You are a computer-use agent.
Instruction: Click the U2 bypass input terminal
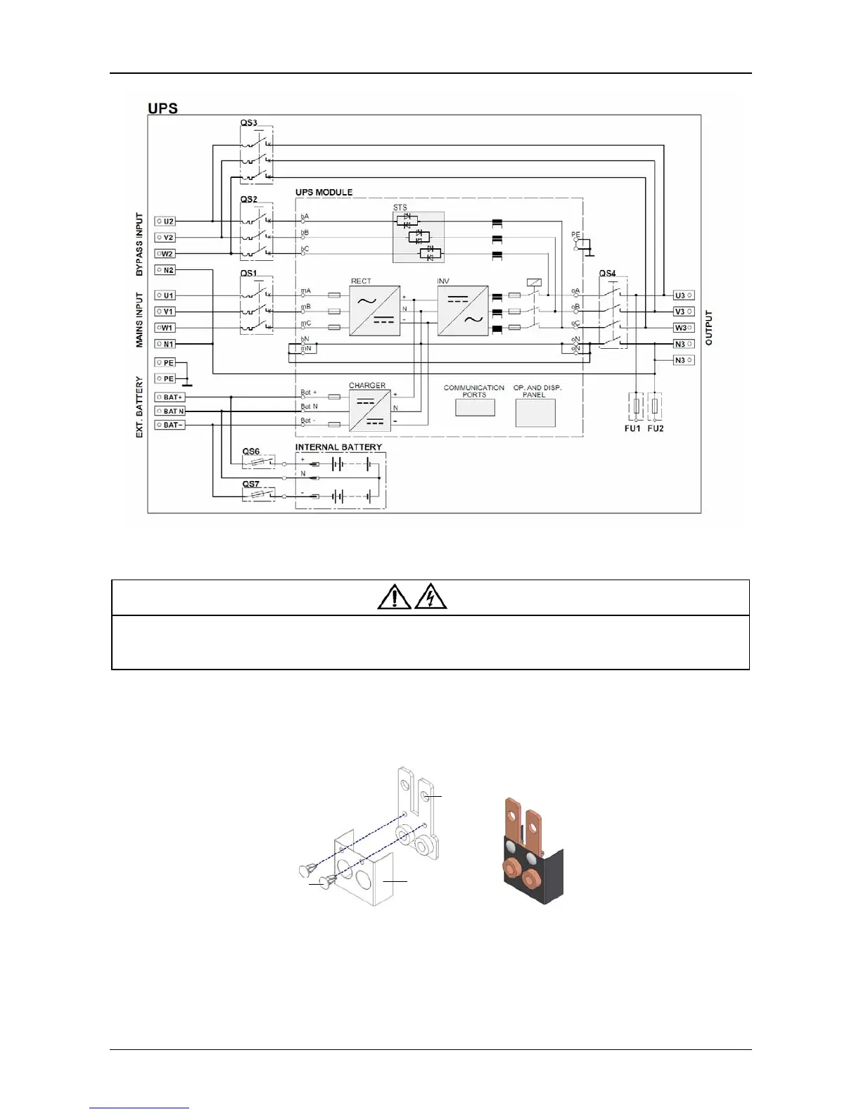[165, 222]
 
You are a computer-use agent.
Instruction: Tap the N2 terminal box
[165, 270]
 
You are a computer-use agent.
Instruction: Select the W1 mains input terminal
[165, 328]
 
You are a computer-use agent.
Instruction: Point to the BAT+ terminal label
[170, 397]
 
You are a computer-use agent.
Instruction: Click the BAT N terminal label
[170, 411]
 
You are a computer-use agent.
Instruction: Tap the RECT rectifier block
[375, 310]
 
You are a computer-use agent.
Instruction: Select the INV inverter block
[463, 310]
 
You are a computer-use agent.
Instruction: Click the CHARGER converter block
[370, 411]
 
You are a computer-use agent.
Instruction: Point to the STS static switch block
[419, 237]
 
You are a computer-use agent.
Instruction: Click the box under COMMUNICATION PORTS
[475, 408]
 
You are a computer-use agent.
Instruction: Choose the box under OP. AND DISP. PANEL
[535, 413]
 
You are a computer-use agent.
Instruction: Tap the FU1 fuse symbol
[636, 406]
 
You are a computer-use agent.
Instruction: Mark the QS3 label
[248, 123]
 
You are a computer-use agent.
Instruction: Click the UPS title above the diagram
[162, 108]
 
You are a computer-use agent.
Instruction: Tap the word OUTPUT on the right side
[708, 327]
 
